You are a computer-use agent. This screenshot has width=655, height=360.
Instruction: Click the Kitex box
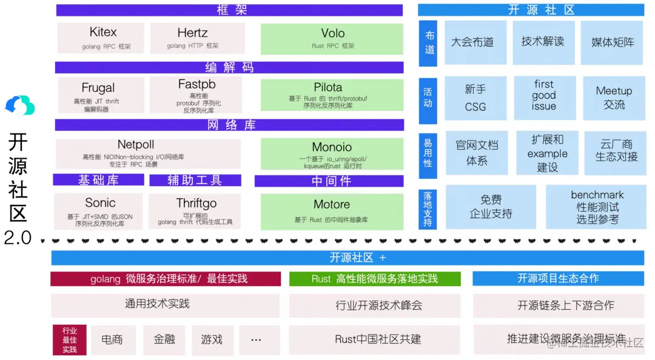[101, 38]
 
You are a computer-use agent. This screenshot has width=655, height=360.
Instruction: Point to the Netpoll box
[148, 153]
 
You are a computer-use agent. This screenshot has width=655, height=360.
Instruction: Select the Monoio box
[332, 154]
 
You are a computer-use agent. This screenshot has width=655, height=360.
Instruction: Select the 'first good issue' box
[544, 95]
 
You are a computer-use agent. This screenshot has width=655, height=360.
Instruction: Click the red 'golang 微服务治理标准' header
[166, 279]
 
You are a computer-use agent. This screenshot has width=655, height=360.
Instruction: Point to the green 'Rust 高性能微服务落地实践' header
[375, 279]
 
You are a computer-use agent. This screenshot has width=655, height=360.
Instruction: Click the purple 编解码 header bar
[229, 67]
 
